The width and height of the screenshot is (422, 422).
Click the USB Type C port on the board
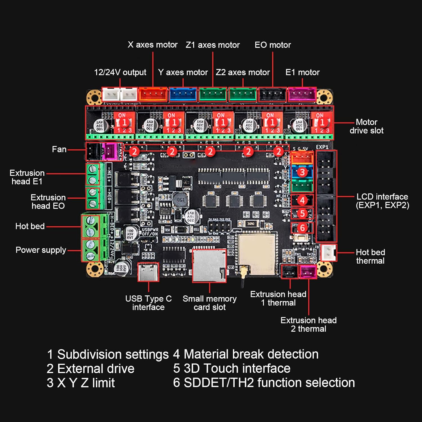point(148,272)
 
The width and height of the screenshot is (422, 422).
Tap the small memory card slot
point(209,266)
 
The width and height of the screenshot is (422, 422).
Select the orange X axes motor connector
point(153,94)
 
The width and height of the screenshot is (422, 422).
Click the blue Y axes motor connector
point(183,94)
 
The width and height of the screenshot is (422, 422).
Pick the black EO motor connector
point(272,94)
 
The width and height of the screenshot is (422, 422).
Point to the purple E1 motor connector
point(302,94)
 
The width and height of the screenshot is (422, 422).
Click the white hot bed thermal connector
point(329,252)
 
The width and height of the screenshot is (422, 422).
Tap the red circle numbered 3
point(302,172)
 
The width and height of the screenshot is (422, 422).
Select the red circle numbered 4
point(302,200)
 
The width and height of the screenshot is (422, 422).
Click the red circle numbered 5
point(302,214)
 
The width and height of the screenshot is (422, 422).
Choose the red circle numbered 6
point(302,228)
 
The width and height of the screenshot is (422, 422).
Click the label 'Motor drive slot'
point(366,126)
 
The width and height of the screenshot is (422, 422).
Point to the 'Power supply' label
point(41,250)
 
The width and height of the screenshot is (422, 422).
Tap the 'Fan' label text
point(59,149)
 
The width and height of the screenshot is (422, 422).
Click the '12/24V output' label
point(120,72)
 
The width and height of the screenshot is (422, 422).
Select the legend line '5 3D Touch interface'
point(232,368)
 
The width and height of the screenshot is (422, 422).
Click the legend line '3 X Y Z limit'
point(81,383)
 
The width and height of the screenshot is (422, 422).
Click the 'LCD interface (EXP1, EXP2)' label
point(382,201)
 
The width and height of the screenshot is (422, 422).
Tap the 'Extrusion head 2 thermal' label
point(308,324)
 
